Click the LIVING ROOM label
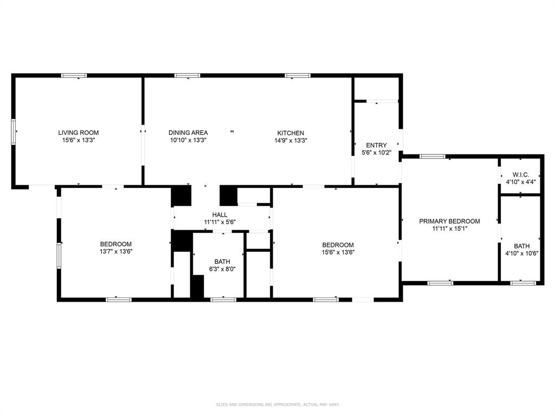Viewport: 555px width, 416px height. (x=79, y=133)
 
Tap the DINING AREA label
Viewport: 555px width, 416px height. (x=188, y=133)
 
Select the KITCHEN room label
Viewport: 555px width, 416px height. (x=291, y=133)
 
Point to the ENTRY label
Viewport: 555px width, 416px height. (x=376, y=145)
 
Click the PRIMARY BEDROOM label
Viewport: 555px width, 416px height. (x=449, y=221)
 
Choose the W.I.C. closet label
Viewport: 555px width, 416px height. (x=520, y=175)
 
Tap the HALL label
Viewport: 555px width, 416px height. (x=220, y=215)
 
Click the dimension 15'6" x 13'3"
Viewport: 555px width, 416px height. (x=79, y=140)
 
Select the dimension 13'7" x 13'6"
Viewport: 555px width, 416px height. (x=116, y=251)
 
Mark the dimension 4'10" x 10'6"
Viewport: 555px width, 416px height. (x=521, y=253)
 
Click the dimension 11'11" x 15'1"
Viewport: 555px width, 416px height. (x=449, y=229)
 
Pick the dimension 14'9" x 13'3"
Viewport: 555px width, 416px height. (x=291, y=140)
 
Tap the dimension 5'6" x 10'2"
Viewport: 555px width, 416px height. (x=376, y=152)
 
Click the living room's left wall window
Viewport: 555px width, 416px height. (x=15, y=132)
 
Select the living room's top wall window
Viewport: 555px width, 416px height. (x=74, y=75)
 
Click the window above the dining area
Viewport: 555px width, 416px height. (x=188, y=75)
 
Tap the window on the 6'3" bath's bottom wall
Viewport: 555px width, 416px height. (x=223, y=299)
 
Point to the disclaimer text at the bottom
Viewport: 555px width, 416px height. (x=277, y=404)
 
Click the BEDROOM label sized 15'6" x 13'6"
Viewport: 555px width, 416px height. (x=338, y=244)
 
